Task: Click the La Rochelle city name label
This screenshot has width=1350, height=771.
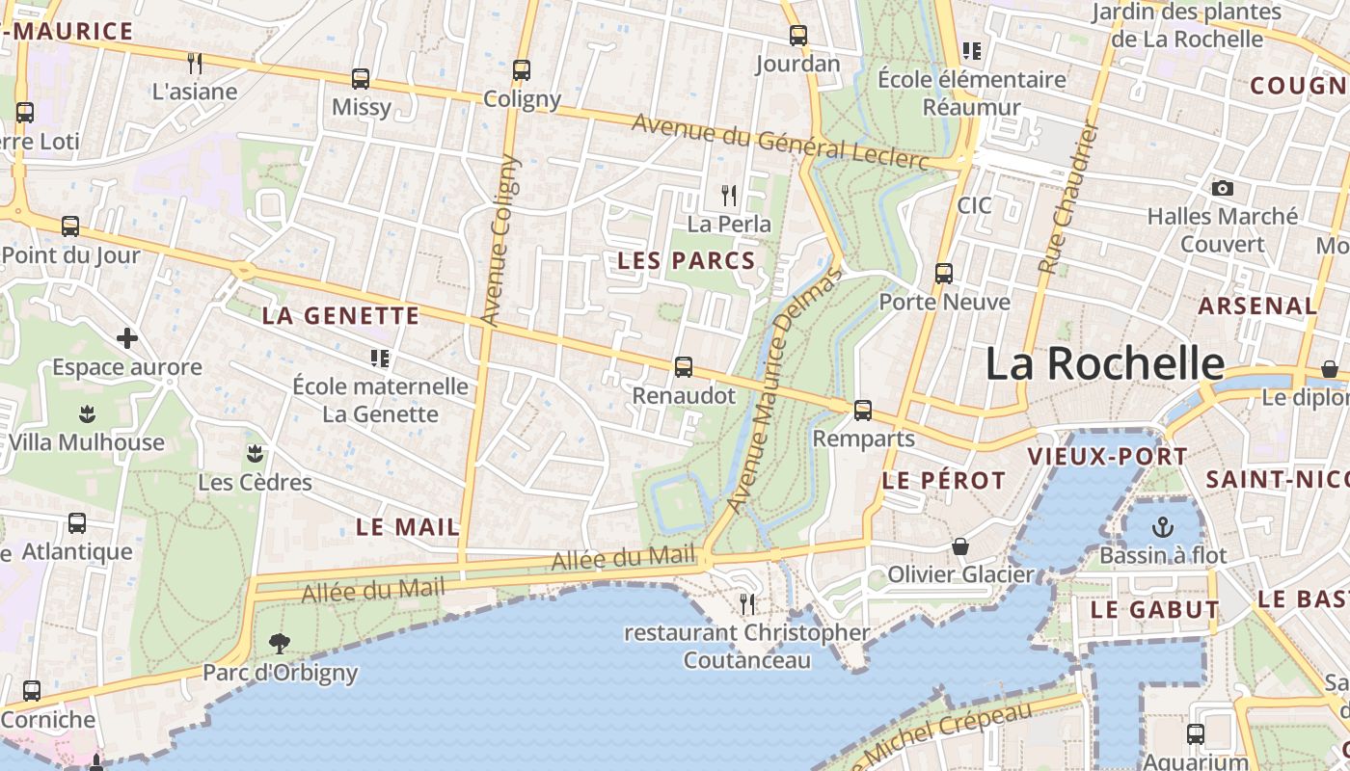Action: click(1104, 364)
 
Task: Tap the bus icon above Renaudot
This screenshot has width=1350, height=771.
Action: click(684, 366)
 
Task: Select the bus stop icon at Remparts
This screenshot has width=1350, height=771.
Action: click(863, 411)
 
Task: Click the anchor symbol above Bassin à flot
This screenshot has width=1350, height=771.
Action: click(1163, 526)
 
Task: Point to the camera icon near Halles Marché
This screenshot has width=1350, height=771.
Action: click(1223, 188)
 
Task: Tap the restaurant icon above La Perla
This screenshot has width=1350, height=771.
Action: click(729, 196)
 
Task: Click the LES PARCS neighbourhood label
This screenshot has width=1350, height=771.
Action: click(687, 260)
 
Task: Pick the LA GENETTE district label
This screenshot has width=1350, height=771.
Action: click(340, 315)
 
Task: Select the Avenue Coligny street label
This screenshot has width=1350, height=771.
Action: click(499, 241)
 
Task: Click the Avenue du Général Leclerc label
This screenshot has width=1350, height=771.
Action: click(780, 141)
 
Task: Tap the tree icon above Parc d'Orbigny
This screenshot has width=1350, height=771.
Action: click(280, 643)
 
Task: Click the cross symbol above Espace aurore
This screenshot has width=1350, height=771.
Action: click(126, 338)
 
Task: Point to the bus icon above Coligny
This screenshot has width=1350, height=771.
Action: click(522, 70)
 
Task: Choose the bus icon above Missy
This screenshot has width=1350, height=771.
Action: click(361, 79)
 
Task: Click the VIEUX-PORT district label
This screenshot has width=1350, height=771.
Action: click(1093, 457)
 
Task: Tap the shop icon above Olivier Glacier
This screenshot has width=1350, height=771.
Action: click(960, 546)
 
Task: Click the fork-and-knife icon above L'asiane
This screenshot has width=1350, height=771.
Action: click(195, 64)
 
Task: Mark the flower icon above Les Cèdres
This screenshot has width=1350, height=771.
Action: click(255, 453)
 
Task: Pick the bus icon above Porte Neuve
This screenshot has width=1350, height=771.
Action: click(944, 274)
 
